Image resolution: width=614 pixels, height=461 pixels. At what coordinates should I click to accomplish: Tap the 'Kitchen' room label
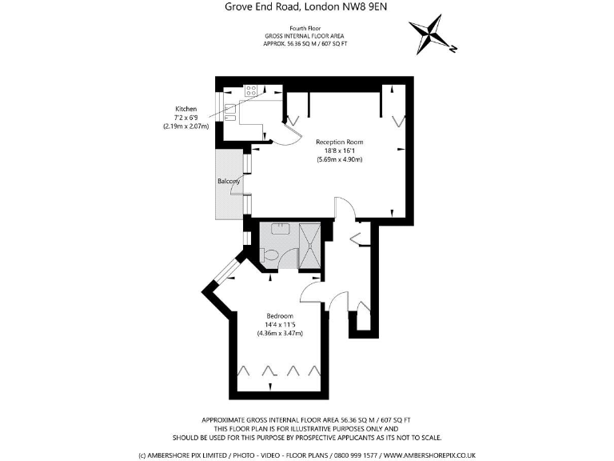(x=185, y=109)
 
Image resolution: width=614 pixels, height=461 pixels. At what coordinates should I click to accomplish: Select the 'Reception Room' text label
(x=340, y=142)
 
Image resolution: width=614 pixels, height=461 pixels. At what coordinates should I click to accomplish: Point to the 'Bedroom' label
(x=279, y=315)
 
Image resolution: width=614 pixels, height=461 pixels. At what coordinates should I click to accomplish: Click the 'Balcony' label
(x=229, y=182)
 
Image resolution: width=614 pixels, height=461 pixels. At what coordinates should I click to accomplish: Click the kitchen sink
(x=230, y=113)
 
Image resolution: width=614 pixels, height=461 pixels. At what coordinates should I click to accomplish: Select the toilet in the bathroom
(x=269, y=255)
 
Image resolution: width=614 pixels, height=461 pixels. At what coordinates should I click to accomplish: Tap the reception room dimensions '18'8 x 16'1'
(x=340, y=150)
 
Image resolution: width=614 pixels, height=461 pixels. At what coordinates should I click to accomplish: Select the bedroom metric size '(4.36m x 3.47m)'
(x=279, y=333)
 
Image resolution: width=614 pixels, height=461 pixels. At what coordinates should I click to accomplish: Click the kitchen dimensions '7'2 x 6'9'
(x=185, y=118)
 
